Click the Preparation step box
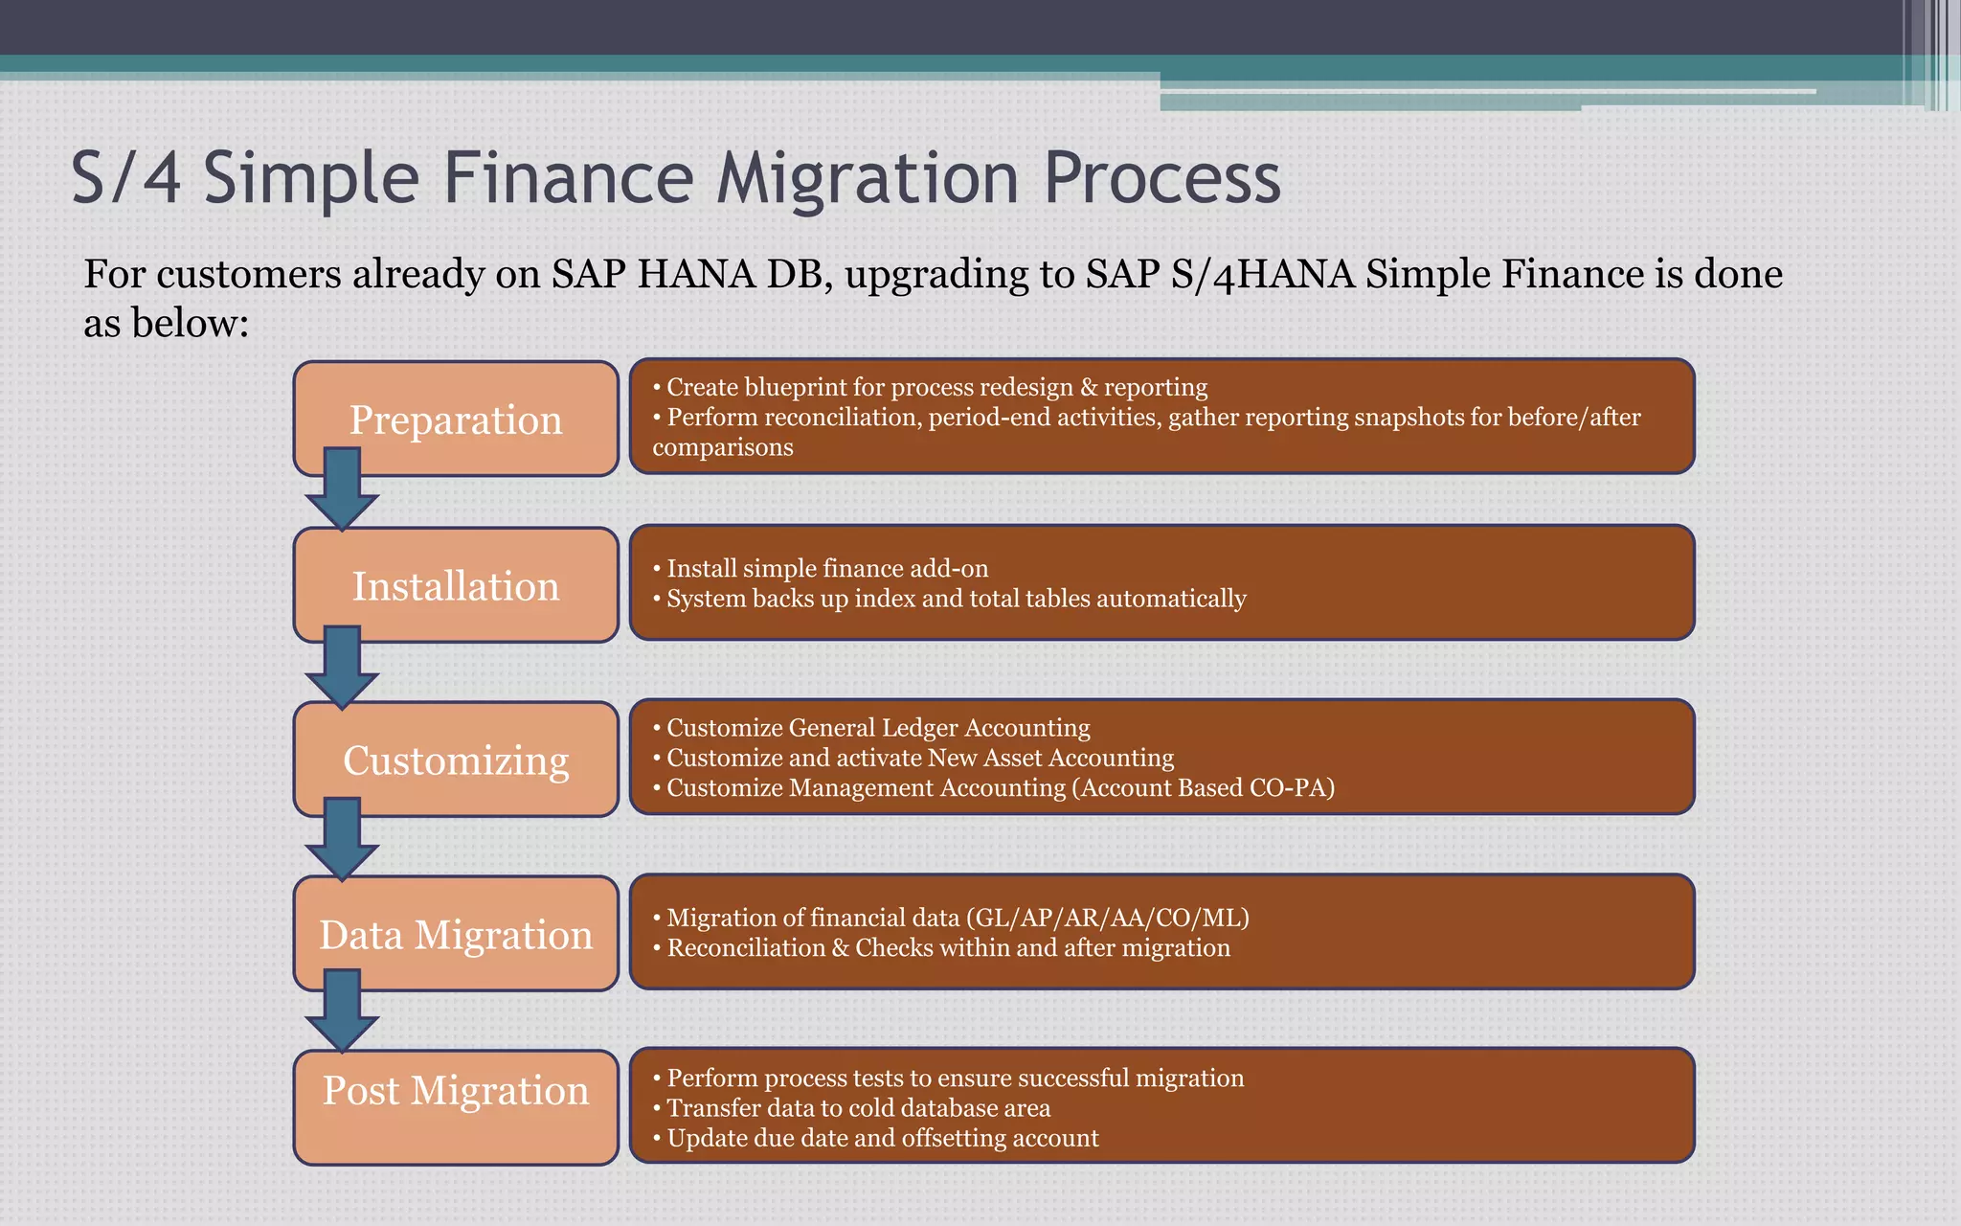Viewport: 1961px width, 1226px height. (456, 420)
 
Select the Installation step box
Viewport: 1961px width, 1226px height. (456, 585)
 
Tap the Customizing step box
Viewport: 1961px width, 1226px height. (456, 760)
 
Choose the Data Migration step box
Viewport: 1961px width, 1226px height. (456, 934)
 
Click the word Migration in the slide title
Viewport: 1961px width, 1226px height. (868, 179)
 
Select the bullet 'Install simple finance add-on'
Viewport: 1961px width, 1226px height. (826, 568)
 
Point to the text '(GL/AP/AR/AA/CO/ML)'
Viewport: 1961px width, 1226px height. (1108, 918)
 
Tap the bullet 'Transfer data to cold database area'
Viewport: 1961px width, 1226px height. (858, 1108)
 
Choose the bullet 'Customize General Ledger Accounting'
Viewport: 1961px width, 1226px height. (877, 728)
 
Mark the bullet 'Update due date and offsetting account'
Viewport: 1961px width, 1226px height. (882, 1138)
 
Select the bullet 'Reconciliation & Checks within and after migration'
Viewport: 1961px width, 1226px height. (948, 948)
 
